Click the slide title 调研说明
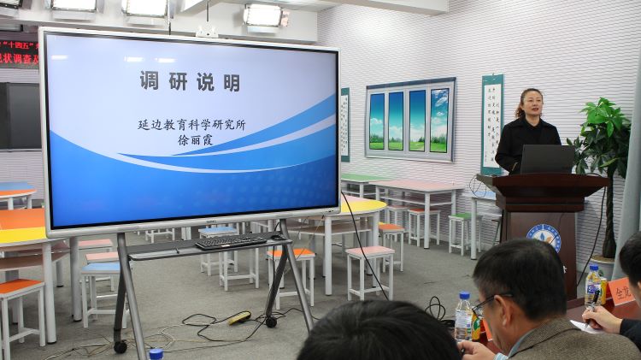(x=190, y=81)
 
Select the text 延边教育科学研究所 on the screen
(x=191, y=124)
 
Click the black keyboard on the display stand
(x=231, y=241)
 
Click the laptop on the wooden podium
(x=547, y=159)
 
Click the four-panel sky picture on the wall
(x=409, y=121)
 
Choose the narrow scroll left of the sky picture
(x=344, y=124)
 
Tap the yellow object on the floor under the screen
(x=239, y=317)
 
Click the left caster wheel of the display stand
(x=121, y=347)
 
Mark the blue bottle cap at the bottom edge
(x=156, y=353)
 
